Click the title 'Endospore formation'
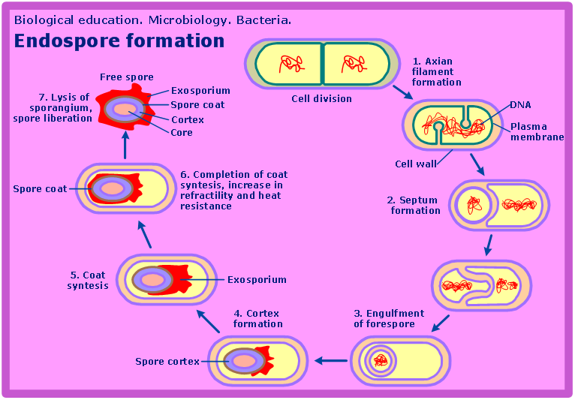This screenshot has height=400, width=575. click(x=119, y=41)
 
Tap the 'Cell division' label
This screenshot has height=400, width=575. click(x=321, y=98)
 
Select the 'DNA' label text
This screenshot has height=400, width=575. click(x=520, y=104)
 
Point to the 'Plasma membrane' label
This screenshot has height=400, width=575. click(x=537, y=132)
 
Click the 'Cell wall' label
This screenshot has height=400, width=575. click(x=415, y=164)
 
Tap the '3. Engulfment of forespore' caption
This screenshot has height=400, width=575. click(x=389, y=318)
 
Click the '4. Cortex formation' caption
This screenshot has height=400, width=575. click(x=258, y=318)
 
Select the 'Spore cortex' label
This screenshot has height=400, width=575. click(x=167, y=362)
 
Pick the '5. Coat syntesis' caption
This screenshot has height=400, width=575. click(x=88, y=280)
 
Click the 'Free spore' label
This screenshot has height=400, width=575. click(x=126, y=77)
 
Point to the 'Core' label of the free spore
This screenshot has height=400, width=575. click(x=182, y=133)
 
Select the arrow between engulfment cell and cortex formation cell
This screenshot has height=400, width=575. click(x=330, y=361)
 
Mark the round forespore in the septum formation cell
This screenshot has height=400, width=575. click(x=474, y=204)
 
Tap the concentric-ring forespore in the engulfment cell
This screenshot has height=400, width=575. click(x=381, y=361)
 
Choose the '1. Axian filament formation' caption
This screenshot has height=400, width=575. click(x=436, y=71)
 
